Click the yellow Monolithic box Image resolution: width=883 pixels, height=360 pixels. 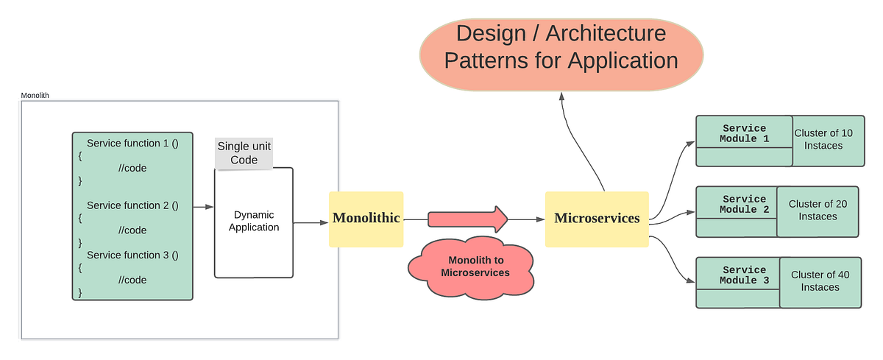pos(366,219)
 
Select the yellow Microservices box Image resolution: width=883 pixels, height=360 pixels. pos(597,219)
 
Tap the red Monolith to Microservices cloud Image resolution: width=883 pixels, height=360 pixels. pos(471,267)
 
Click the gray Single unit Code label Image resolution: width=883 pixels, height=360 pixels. pos(244,153)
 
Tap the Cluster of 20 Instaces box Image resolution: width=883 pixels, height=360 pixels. pos(818,211)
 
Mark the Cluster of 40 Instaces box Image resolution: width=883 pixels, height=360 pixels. pos(820,282)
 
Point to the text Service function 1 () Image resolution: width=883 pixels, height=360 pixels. pos(132,144)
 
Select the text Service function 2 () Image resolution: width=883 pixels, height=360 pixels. pos(132,205)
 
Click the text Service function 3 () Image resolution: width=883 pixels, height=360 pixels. pos(132,255)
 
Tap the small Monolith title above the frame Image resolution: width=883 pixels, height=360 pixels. pos(35,96)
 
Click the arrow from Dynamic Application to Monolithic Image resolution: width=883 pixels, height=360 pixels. pos(311,222)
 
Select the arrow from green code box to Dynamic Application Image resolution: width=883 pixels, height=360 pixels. pos(204,208)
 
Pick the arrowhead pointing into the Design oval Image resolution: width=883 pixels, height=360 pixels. pos(561,96)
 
